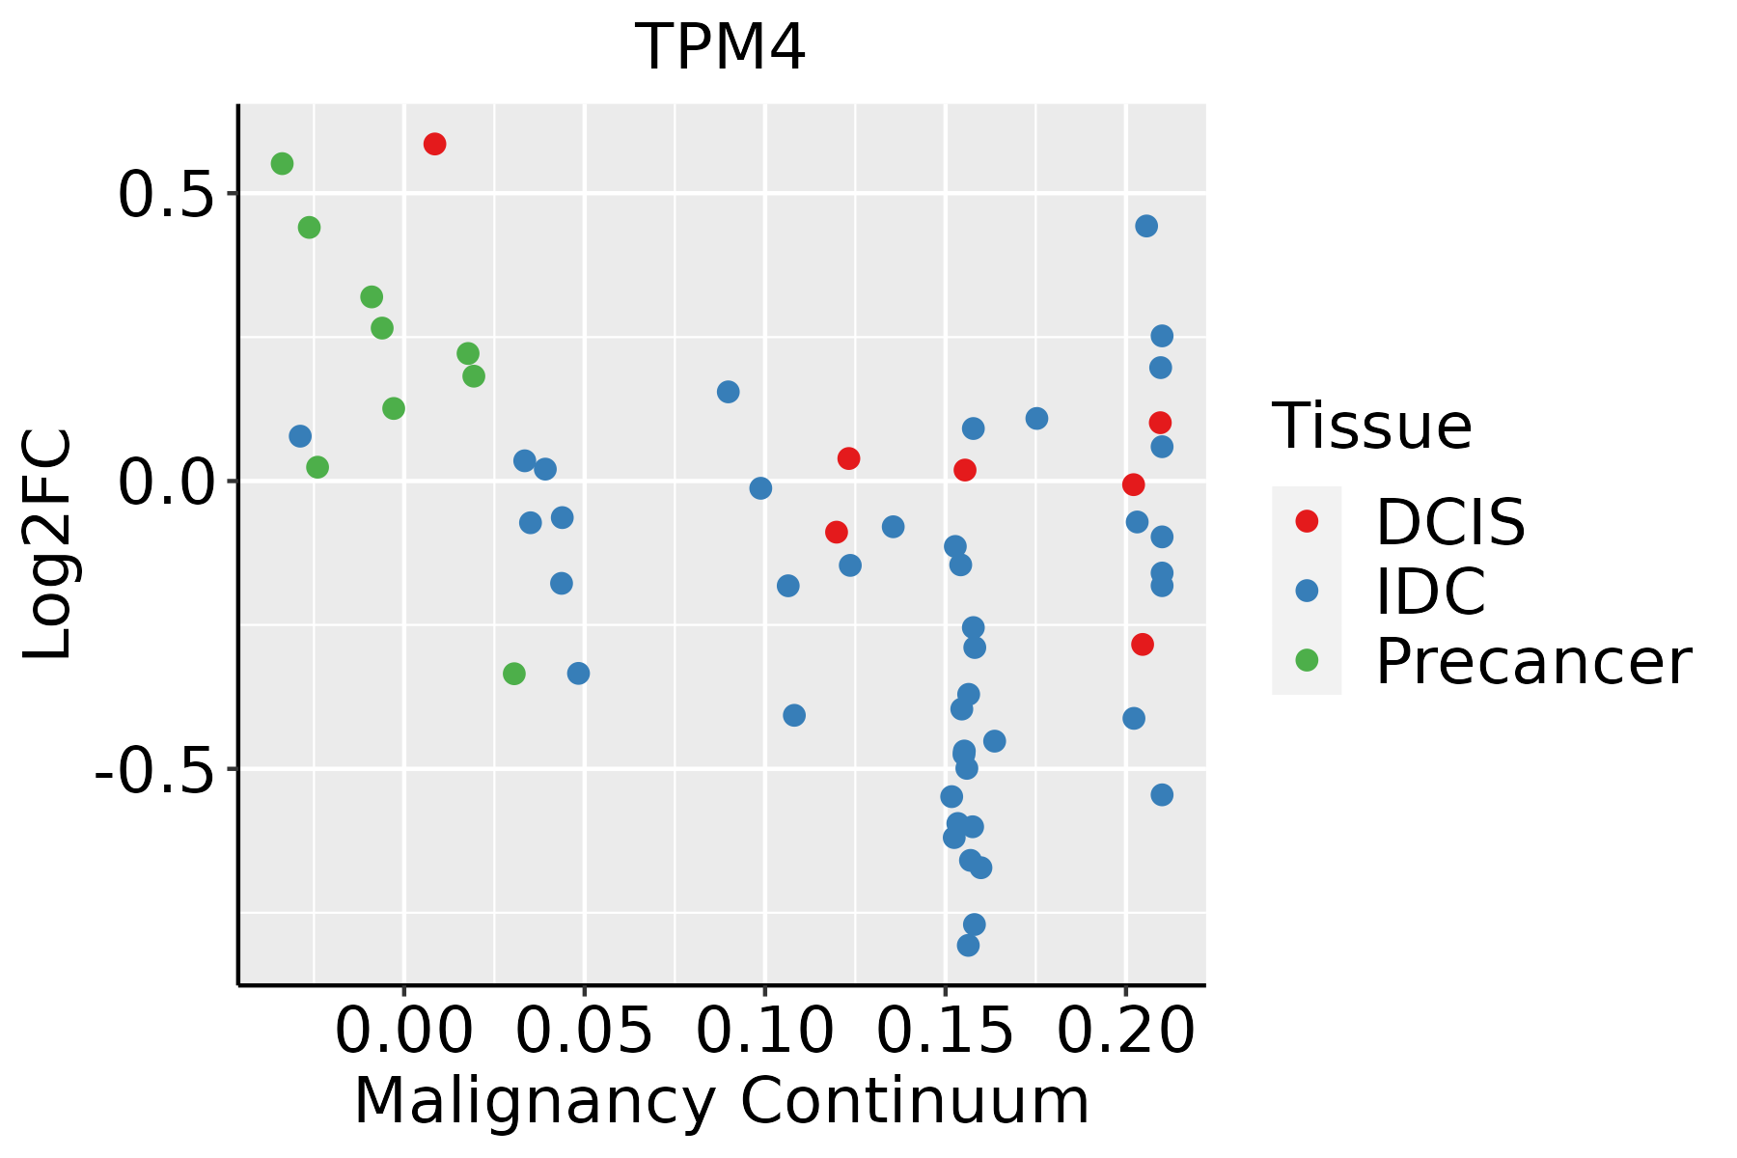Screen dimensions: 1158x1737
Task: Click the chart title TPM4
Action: coord(720,48)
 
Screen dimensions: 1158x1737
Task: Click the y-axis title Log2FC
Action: coord(48,544)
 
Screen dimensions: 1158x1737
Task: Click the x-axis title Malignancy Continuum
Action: coord(722,1102)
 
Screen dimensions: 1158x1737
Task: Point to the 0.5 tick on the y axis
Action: coord(163,196)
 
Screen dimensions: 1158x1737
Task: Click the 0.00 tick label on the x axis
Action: coord(403,1032)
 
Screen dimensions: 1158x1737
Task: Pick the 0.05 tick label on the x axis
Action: coord(584,1032)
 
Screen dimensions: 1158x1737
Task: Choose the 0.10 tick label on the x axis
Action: coord(764,1032)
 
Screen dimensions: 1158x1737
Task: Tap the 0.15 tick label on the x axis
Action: coord(945,1032)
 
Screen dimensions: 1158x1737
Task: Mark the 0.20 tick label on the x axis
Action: coord(1125,1032)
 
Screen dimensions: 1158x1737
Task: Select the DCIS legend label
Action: coord(1449,522)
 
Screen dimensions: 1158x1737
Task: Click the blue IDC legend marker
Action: coord(1307,591)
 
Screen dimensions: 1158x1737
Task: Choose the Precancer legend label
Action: coord(1532,662)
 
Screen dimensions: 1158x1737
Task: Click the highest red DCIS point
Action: coord(434,144)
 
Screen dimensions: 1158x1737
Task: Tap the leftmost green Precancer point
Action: coord(282,164)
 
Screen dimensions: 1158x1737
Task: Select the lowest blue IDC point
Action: coord(968,945)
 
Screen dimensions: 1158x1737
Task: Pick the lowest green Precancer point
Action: coord(514,674)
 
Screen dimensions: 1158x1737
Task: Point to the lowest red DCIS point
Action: coord(1143,644)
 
